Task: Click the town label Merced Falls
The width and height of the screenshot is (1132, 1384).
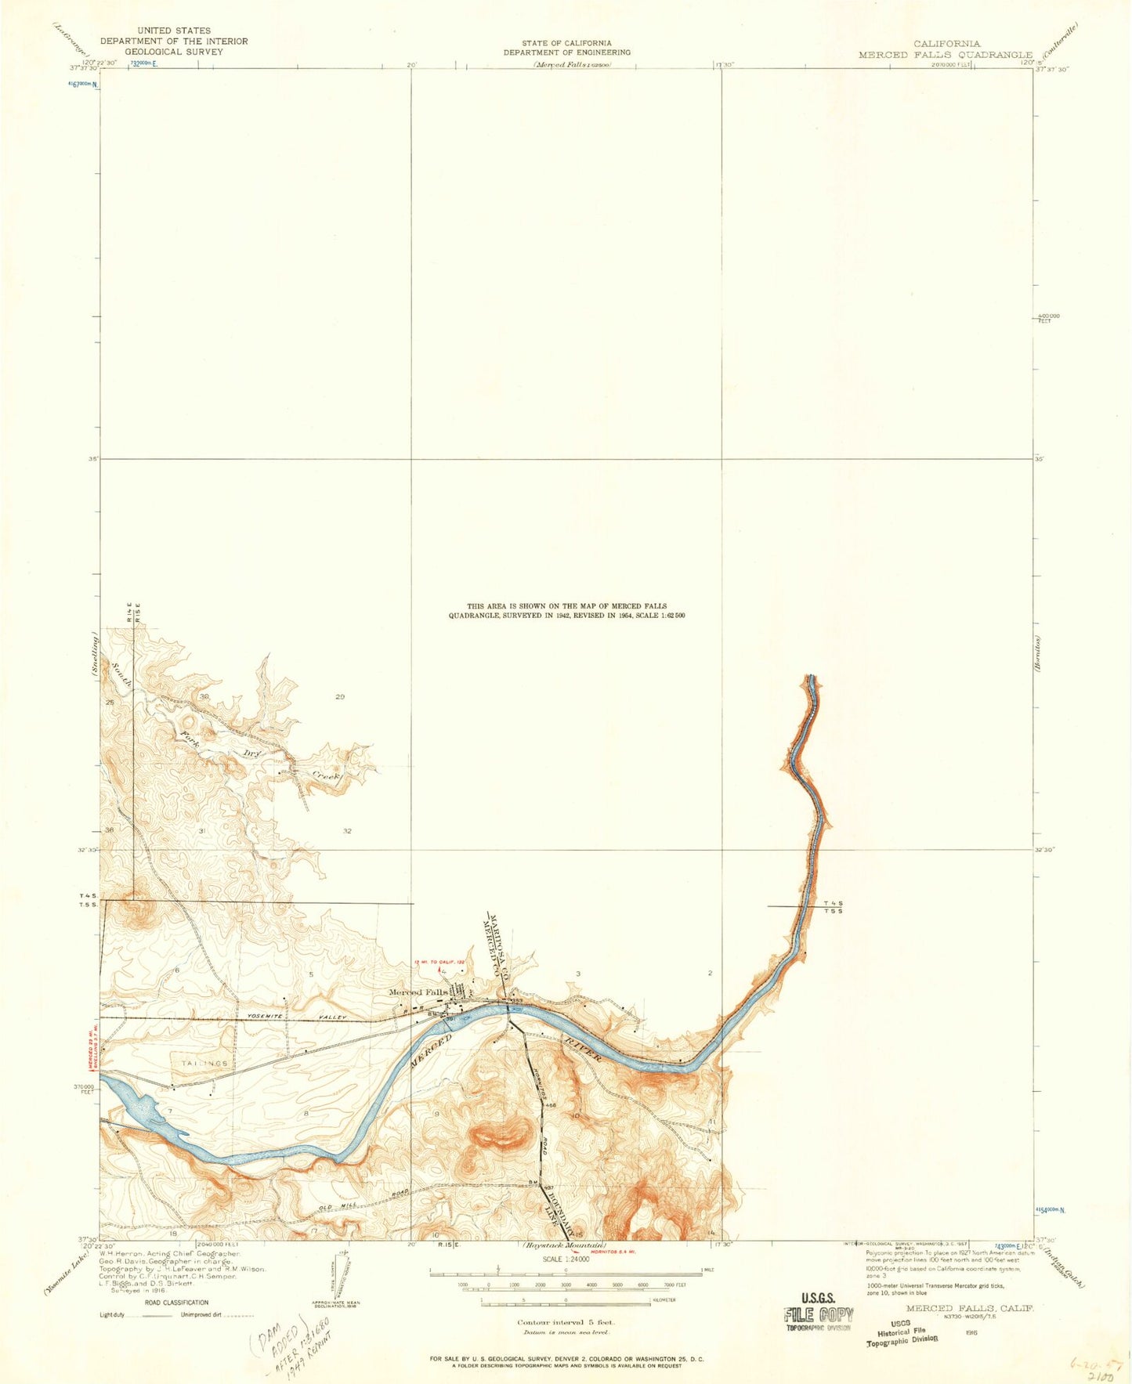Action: (419, 992)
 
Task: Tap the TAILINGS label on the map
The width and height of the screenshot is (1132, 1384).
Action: (204, 1064)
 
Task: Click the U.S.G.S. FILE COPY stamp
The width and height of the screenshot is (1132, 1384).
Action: (818, 1315)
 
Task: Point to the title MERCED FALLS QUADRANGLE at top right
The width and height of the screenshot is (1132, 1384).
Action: (946, 55)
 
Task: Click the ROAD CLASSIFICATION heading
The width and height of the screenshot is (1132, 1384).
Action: (175, 1303)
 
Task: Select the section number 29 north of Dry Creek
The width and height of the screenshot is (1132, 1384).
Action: (339, 696)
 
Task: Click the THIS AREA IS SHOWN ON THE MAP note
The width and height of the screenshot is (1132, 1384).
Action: (566, 611)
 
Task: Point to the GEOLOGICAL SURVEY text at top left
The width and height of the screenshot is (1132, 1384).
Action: (173, 52)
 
